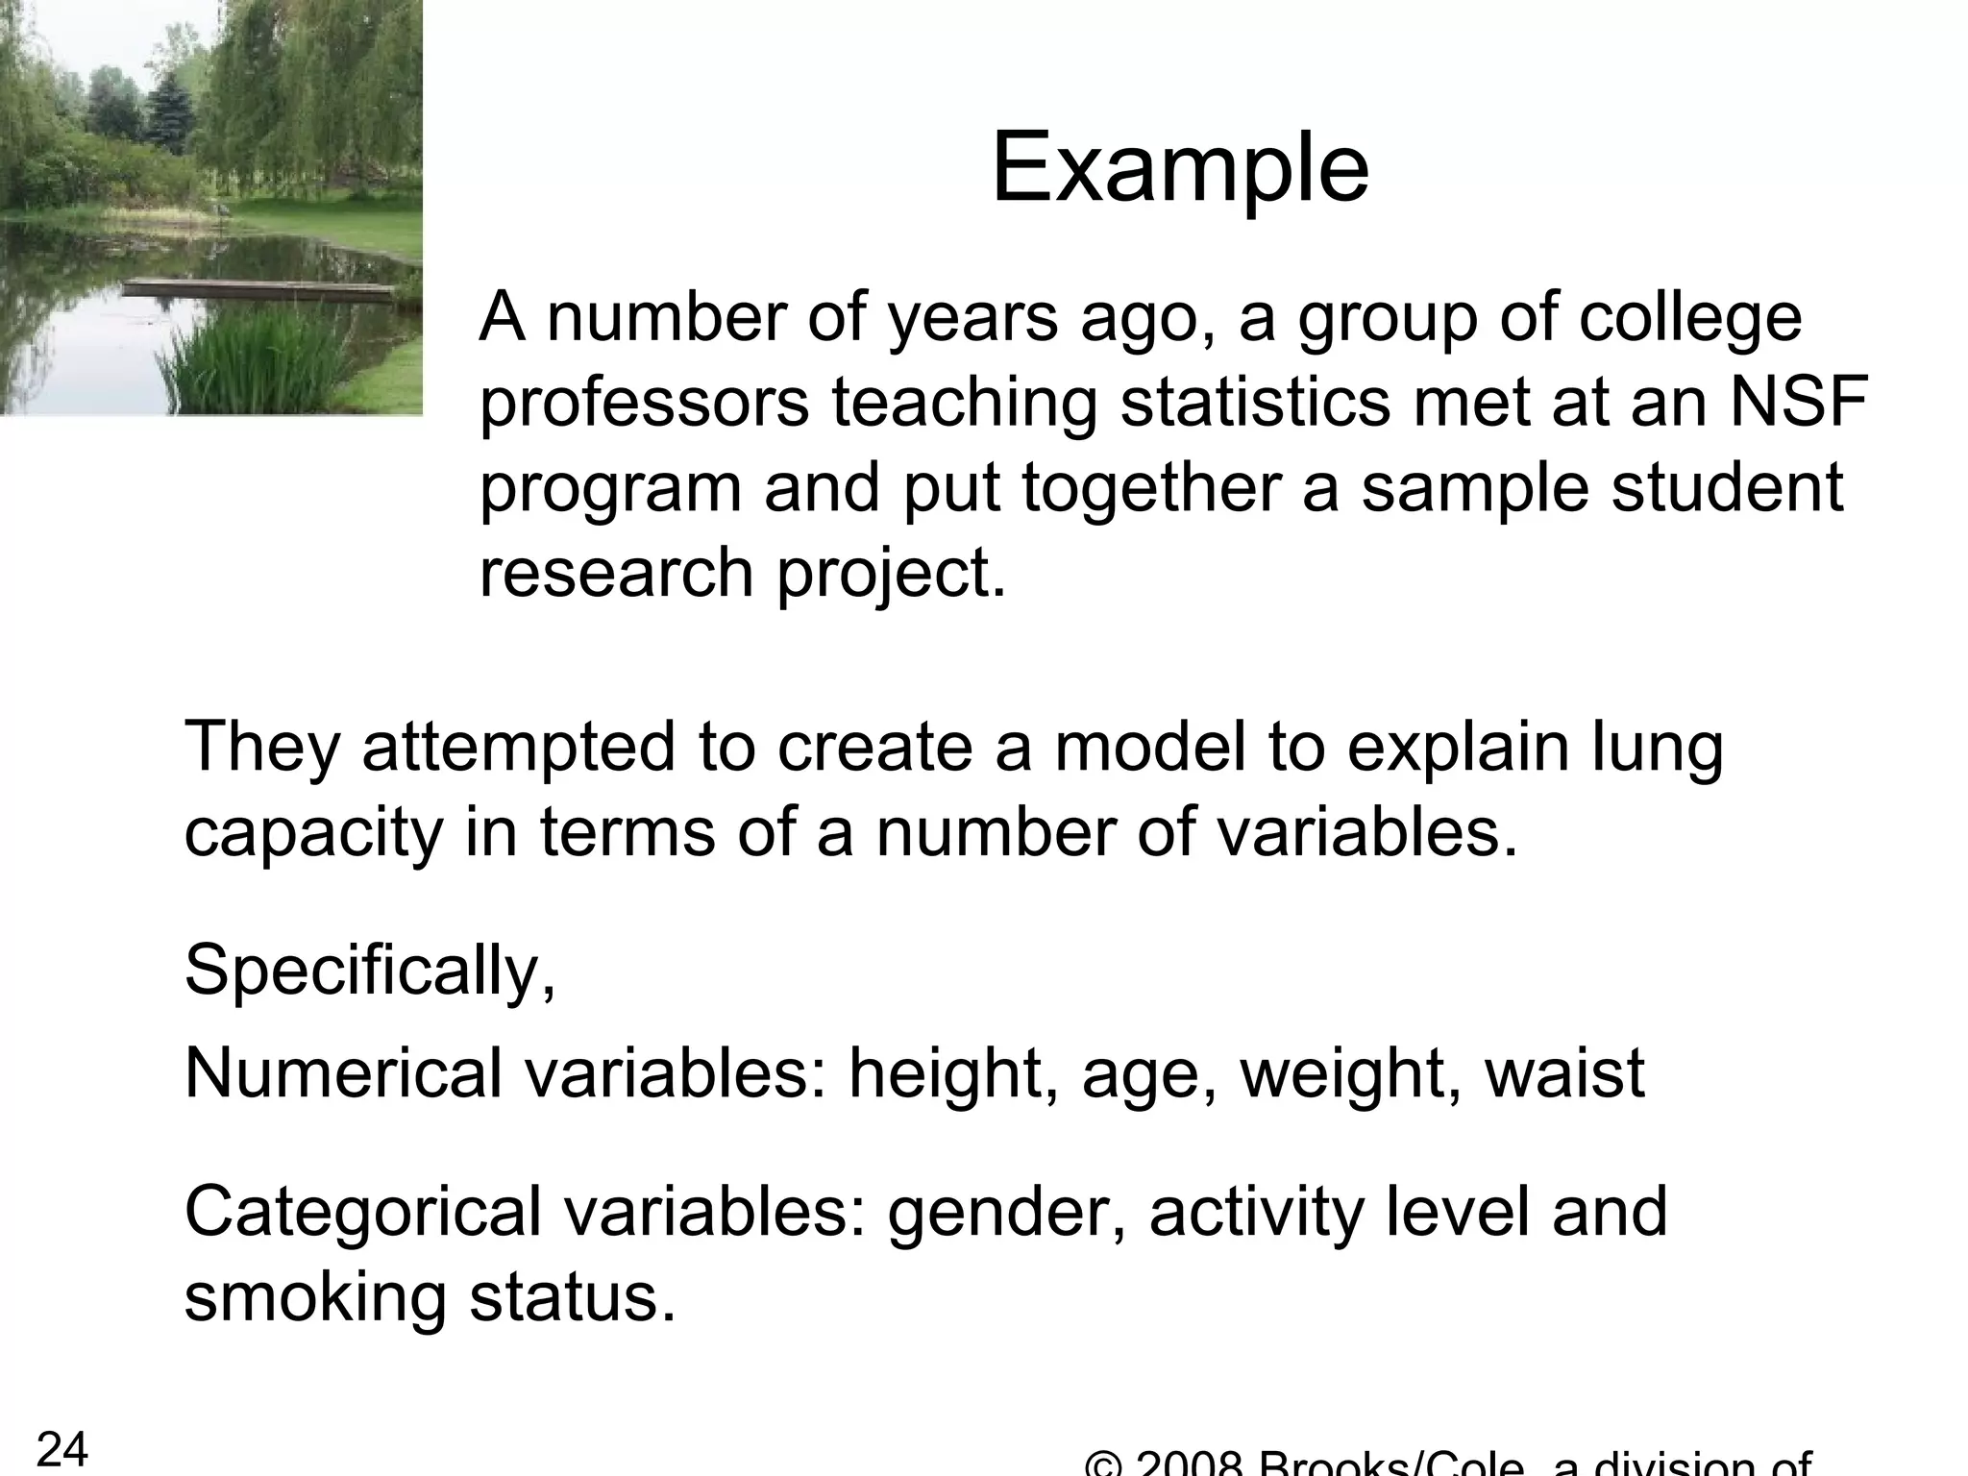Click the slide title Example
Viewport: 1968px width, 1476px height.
tap(1179, 169)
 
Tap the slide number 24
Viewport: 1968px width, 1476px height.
tap(62, 1448)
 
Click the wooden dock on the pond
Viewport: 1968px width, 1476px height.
tap(259, 285)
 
